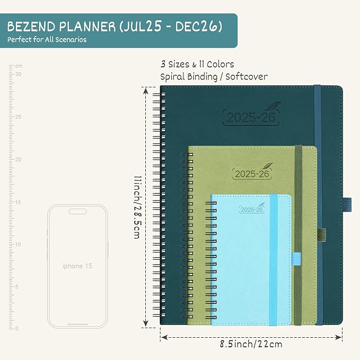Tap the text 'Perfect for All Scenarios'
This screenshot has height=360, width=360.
coord(47,40)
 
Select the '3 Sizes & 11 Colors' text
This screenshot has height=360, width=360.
coord(197,64)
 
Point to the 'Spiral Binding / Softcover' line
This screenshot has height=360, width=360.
coord(214,76)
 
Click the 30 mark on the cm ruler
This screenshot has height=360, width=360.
coord(18,74)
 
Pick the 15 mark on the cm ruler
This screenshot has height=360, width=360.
coord(18,202)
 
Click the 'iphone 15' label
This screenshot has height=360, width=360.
coord(77,266)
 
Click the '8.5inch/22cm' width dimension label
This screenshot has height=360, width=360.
coord(252,344)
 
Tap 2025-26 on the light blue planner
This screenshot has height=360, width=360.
coord(252,209)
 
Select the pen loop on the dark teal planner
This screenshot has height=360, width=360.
coord(347,202)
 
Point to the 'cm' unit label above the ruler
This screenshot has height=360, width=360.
coord(19,66)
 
